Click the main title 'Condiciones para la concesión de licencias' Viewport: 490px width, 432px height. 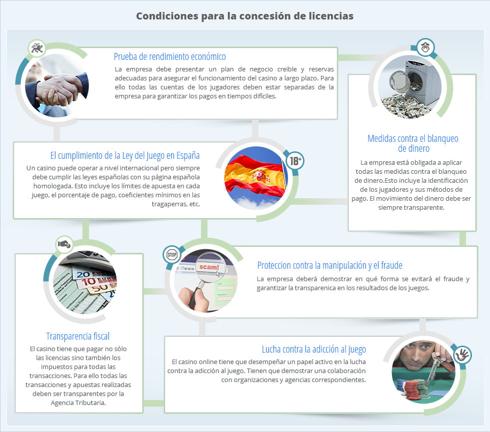tap(244, 16)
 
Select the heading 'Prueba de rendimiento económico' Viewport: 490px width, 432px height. tap(169, 56)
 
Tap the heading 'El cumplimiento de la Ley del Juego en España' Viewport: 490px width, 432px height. tap(125, 155)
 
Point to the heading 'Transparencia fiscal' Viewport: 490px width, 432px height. tap(77, 336)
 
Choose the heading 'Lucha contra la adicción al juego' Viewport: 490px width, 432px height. tap(313, 349)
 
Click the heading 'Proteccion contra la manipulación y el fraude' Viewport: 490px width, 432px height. tap(329, 265)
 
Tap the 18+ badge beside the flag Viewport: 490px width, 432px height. tap(294, 161)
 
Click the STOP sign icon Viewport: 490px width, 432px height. tap(172, 255)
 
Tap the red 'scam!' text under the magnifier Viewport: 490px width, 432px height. tap(209, 267)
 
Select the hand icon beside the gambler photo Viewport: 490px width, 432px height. tap(462, 356)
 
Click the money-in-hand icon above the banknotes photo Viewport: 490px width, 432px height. tap(64, 244)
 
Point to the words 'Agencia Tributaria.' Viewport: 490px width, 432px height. tap(77, 403)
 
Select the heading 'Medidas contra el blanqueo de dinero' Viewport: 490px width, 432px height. tap(412, 143)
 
